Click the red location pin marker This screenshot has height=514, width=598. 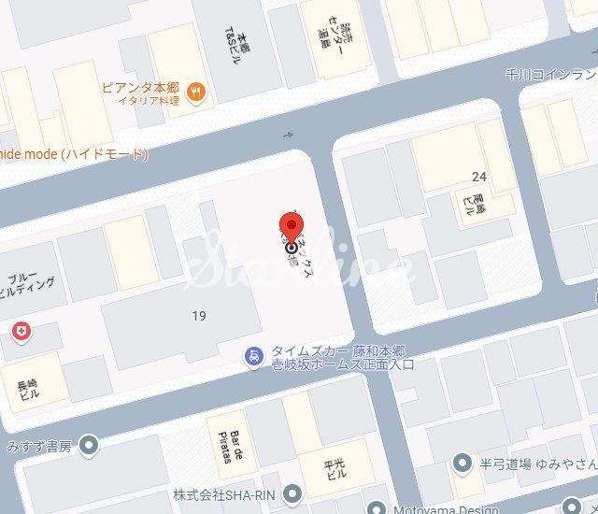pyautogui.click(x=292, y=227)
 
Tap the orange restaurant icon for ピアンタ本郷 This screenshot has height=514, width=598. pyautogui.click(x=196, y=91)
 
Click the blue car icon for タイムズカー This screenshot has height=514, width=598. pyautogui.click(x=252, y=356)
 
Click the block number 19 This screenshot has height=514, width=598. pyautogui.click(x=198, y=316)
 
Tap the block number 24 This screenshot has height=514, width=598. pyautogui.click(x=479, y=177)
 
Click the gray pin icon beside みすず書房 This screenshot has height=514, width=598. pyautogui.click(x=89, y=445)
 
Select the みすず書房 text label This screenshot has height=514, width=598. pyautogui.click(x=38, y=446)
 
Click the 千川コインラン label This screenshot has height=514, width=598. pyautogui.click(x=550, y=74)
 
